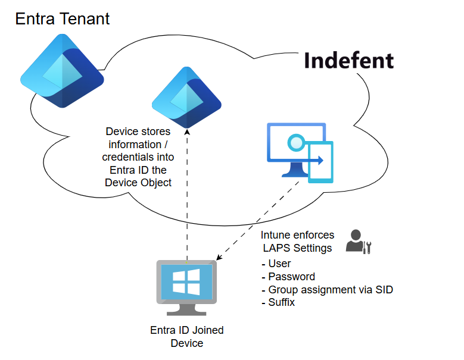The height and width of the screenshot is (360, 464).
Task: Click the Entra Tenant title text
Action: click(x=63, y=18)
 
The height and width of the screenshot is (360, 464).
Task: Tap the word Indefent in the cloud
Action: click(x=348, y=61)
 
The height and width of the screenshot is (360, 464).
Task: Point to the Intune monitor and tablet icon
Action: click(x=300, y=152)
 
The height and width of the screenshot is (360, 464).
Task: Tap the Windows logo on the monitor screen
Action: click(x=186, y=281)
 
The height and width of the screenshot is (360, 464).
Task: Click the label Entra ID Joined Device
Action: click(x=187, y=337)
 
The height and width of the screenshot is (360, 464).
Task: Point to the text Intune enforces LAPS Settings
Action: click(x=297, y=242)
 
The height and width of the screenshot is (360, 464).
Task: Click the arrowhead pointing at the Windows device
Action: click(x=219, y=258)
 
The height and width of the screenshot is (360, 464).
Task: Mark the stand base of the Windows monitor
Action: click(x=186, y=312)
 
